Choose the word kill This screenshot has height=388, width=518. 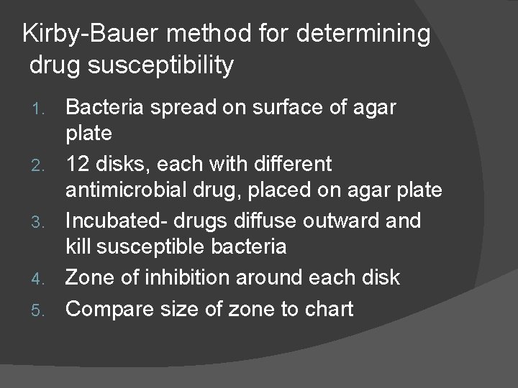(78, 247)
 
